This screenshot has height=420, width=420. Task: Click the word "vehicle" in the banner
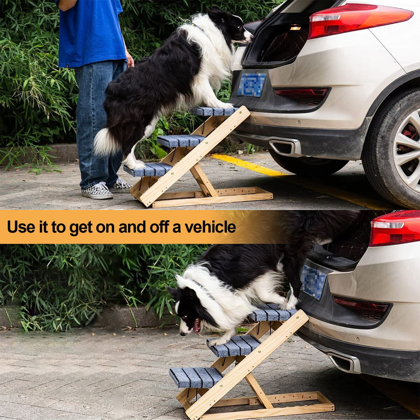[210, 227]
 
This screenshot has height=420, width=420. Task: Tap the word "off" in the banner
[160, 227]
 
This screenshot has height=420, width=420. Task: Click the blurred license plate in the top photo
[252, 85]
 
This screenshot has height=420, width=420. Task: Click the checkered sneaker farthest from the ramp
[97, 191]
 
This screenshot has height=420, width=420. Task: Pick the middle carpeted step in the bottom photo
[233, 345]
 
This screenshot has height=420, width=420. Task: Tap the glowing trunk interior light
[295, 27]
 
